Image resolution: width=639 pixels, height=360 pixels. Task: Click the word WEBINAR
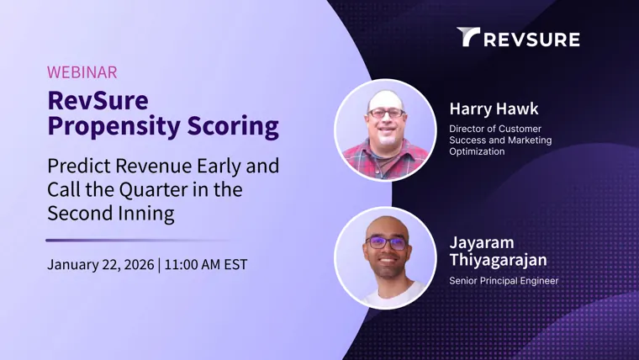point(82,72)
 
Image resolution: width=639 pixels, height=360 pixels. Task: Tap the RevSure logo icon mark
point(468,37)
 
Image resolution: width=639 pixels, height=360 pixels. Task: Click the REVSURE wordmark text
point(532,40)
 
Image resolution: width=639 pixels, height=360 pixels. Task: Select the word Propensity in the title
point(114,127)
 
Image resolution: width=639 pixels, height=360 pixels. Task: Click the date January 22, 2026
point(101,265)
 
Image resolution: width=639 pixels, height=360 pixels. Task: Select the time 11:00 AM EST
point(205,265)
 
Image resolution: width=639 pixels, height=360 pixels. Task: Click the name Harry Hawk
point(494,109)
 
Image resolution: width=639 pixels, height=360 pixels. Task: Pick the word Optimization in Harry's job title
point(477,151)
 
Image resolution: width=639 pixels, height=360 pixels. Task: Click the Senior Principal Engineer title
point(504,281)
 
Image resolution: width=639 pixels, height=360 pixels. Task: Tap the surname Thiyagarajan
point(498,260)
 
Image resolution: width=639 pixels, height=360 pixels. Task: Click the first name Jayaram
point(482,243)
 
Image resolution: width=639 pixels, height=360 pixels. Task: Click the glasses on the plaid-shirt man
point(386,113)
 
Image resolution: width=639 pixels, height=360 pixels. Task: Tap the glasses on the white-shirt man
point(386,242)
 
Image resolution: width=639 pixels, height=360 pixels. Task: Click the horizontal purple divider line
point(137,240)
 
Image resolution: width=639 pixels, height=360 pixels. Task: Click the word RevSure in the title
point(98,101)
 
